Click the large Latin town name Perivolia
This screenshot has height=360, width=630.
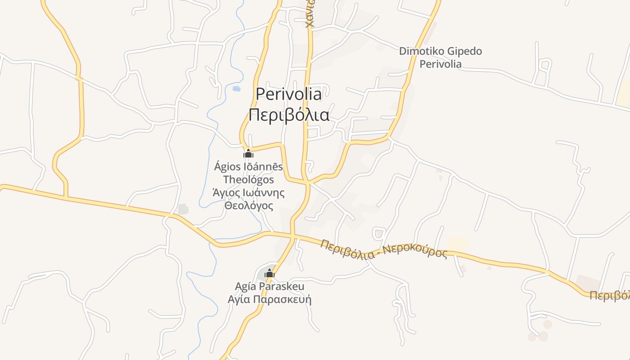(289, 94)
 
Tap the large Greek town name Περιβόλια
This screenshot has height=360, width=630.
(289, 115)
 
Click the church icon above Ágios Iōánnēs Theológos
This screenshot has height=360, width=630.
(248, 154)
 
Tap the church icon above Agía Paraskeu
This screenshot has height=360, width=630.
(270, 273)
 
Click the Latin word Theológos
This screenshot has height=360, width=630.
(248, 180)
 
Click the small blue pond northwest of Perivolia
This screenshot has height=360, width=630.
(236, 89)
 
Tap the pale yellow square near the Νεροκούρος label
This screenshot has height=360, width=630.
(457, 243)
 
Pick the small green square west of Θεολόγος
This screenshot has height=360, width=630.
(183, 209)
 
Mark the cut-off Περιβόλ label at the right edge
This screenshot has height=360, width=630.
(609, 296)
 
